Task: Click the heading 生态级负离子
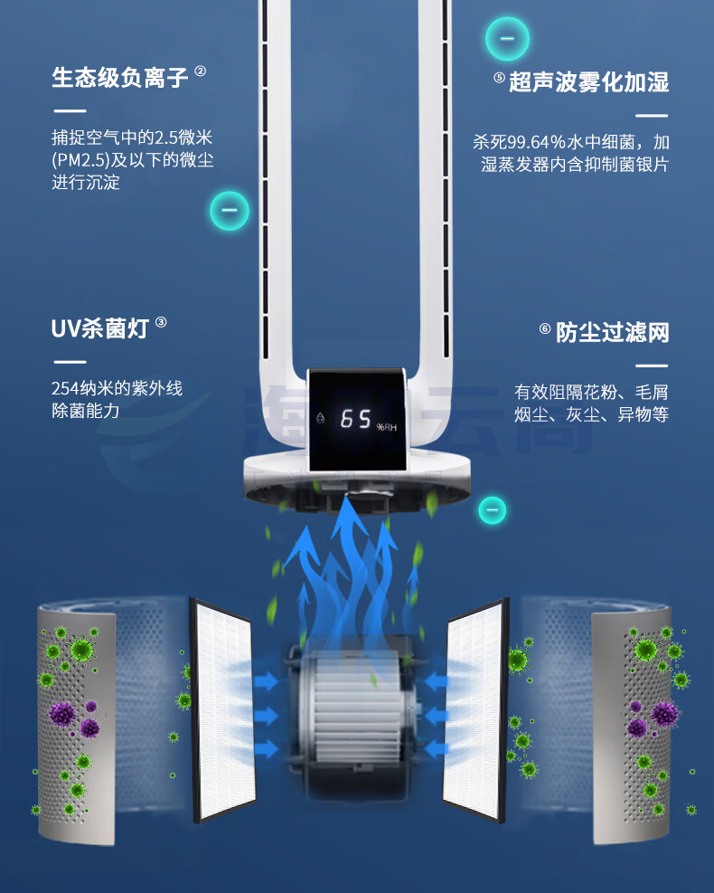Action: click(119, 78)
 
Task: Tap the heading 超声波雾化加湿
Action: click(589, 82)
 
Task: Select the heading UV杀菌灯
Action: click(100, 328)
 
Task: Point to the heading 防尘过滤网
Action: click(612, 332)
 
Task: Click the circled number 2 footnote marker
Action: click(201, 71)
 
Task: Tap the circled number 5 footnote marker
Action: click(499, 78)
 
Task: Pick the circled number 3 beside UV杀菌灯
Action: click(161, 322)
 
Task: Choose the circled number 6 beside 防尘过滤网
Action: click(545, 328)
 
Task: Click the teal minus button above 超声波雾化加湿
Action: click(507, 39)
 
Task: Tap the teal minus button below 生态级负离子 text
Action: click(230, 211)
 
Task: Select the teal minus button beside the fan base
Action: click(493, 509)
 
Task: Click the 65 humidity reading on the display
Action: click(355, 419)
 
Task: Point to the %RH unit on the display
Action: click(386, 427)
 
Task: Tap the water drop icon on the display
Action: click(320, 418)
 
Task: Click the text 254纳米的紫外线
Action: click(117, 388)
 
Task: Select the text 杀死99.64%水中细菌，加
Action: click(570, 142)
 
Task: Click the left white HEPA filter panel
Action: click(223, 709)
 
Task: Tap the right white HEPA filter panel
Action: click(475, 709)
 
